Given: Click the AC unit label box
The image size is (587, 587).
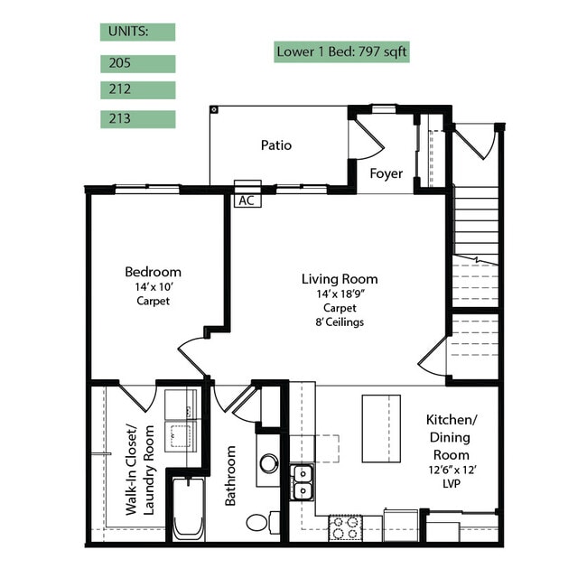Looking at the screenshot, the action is point(247,200).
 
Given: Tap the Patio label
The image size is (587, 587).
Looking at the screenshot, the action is point(276,145).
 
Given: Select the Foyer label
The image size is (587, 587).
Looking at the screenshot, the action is point(386,173).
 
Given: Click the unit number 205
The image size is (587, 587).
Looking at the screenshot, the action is point(120,63).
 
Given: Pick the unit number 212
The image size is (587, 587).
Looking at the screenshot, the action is point(120,89).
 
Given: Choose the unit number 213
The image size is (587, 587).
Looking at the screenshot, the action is point(120,118).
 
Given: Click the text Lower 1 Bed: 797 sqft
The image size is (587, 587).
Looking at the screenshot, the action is point(341,51).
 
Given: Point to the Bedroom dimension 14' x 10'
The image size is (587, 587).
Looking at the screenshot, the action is point(154,287).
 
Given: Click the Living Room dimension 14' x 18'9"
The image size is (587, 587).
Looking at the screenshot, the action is point(340,293).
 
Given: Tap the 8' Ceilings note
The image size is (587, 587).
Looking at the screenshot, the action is point(340,322).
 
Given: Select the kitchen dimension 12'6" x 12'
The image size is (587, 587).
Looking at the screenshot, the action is point(452,470).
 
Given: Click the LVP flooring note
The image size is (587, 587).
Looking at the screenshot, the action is point(452,484).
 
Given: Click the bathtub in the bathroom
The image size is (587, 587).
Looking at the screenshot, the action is point(189,508).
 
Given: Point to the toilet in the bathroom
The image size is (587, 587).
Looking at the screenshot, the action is point(262,522).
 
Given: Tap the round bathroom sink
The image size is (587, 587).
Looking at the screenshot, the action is point(269,463).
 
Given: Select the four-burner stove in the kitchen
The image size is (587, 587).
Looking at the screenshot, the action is point(346,527).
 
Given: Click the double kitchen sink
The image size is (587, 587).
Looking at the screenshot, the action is point(303,482).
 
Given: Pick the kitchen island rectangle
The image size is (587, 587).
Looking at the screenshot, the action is point(381,429).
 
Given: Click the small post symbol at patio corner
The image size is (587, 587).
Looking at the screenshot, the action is point(214,109).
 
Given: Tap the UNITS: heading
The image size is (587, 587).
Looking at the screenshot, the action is point(128,32).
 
